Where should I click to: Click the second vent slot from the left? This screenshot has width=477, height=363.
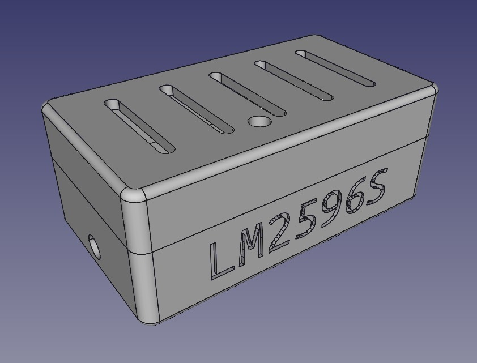[x=196, y=109]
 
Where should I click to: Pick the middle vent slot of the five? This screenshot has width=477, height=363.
[x=247, y=93]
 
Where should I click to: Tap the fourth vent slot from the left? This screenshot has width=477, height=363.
[x=293, y=80]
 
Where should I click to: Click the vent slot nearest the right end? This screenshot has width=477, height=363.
[x=335, y=68]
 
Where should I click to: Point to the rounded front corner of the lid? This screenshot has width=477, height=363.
[x=133, y=194]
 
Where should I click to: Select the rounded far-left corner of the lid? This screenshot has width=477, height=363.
[x=48, y=107]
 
